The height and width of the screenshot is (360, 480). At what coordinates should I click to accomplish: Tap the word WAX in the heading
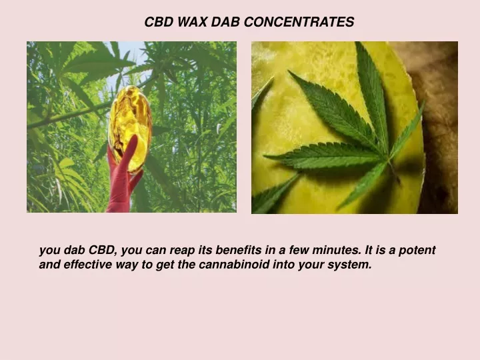point(192,22)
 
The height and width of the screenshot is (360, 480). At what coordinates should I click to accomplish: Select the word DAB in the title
point(225,22)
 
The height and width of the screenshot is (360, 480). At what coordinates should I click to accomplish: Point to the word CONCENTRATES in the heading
point(299,22)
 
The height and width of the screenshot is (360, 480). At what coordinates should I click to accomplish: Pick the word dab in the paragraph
point(74,250)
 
